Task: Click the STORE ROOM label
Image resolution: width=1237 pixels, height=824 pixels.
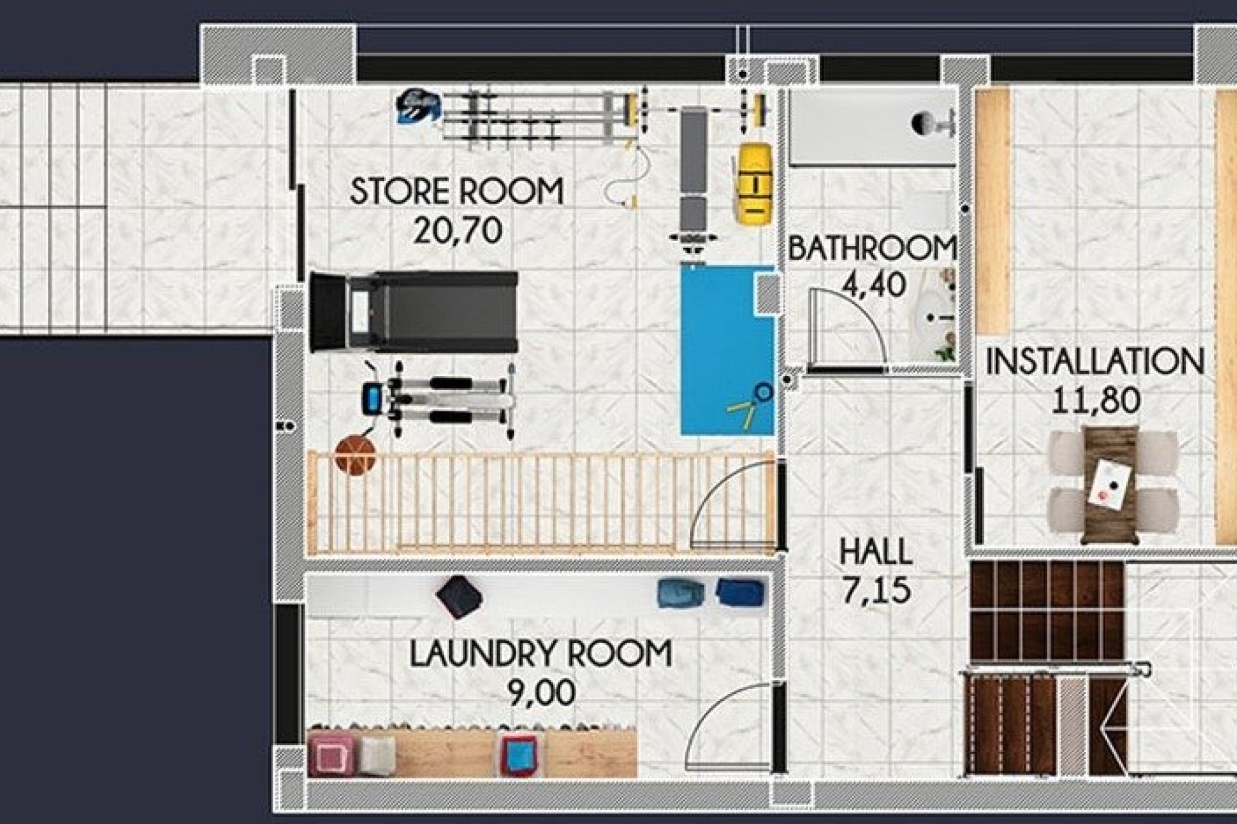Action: point(456,191)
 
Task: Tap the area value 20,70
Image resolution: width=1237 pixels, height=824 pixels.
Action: point(457,230)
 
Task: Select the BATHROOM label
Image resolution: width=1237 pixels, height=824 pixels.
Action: point(871,249)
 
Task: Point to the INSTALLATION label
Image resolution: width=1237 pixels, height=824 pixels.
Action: point(1095,361)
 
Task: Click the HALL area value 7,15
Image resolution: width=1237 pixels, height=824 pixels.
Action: point(876,590)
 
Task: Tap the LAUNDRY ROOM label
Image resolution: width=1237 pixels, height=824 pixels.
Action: point(541,654)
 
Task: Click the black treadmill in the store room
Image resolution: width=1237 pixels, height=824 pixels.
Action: point(414,312)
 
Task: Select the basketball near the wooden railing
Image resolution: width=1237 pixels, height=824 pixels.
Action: point(355,454)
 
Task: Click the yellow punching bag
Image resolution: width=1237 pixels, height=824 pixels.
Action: point(754,183)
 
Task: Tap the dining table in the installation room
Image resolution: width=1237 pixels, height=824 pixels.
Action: point(1109,483)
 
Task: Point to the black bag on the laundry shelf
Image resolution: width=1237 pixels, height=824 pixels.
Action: point(459,597)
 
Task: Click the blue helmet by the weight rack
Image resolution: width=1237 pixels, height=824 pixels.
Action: point(418,107)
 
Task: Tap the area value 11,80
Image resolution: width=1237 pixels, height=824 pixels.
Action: point(1095,400)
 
